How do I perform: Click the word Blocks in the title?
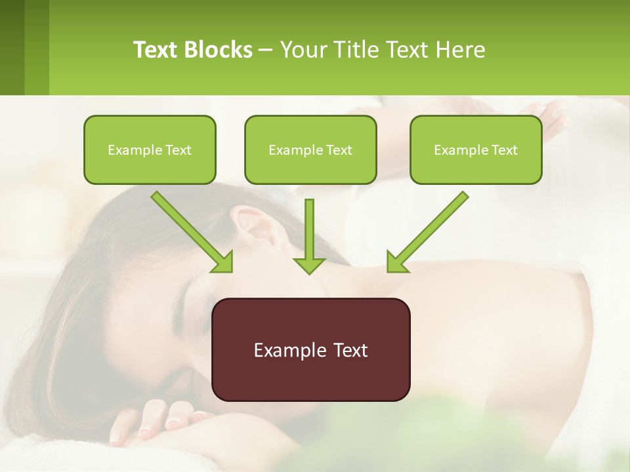(220, 50)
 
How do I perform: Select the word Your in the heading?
(301, 50)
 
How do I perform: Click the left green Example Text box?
(150, 149)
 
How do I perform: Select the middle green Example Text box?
(310, 149)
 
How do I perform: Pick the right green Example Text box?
(476, 149)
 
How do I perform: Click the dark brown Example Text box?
(310, 349)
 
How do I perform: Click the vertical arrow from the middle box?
(309, 236)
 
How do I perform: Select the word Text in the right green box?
(505, 150)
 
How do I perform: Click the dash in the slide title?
(266, 50)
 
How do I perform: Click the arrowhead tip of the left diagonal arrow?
(231, 271)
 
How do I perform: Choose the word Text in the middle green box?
(339, 150)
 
